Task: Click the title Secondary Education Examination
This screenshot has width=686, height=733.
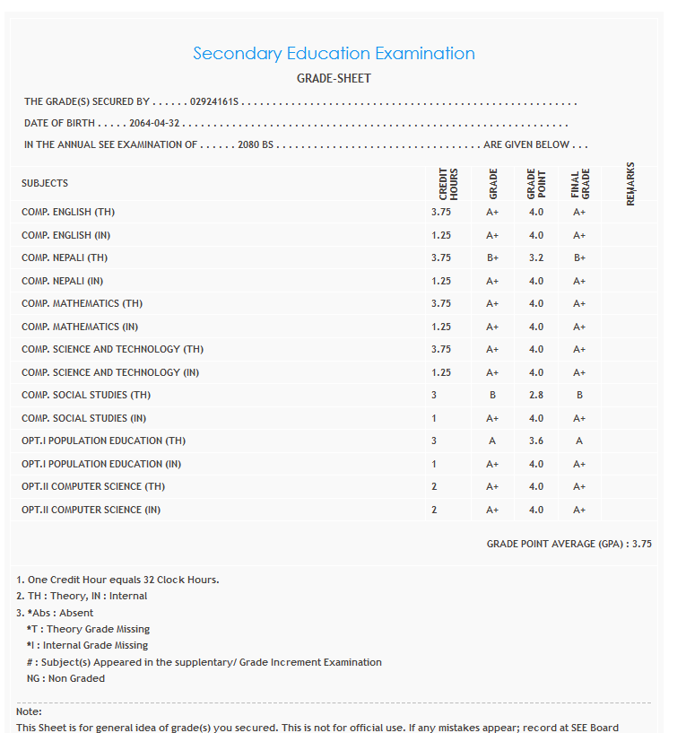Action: click(x=334, y=54)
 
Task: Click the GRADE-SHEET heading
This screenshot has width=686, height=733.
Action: click(x=334, y=79)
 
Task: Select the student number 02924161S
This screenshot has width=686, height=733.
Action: click(x=215, y=102)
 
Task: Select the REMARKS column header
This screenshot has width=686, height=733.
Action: click(x=630, y=183)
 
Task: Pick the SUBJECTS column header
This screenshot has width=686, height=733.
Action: click(x=45, y=183)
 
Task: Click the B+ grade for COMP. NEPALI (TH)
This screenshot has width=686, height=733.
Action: click(x=492, y=258)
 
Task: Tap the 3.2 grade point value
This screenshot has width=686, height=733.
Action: click(x=535, y=258)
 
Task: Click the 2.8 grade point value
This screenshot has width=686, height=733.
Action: click(x=535, y=395)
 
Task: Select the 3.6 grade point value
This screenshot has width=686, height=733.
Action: click(x=535, y=441)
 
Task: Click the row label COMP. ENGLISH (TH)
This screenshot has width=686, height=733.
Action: click(x=68, y=213)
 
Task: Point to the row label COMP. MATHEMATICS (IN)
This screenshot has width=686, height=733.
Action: click(x=80, y=327)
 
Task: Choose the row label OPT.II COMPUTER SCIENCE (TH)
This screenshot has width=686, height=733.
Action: click(x=94, y=486)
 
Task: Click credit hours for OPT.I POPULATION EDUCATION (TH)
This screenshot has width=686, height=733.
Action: click(x=434, y=441)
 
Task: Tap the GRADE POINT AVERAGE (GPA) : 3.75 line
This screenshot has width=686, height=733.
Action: click(x=569, y=544)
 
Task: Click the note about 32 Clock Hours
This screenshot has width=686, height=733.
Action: click(x=117, y=580)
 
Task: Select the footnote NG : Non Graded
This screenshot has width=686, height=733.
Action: click(x=65, y=678)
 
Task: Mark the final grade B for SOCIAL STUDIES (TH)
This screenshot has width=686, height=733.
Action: click(x=579, y=395)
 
